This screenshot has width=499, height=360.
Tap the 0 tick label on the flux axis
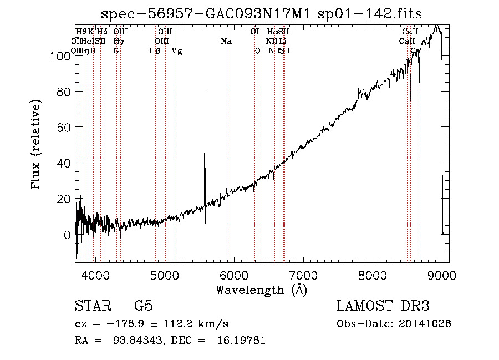[x=67, y=235]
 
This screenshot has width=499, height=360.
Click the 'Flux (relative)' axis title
[x=37, y=145]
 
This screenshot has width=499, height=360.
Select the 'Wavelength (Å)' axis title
[x=261, y=290]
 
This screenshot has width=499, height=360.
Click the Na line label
[x=226, y=42]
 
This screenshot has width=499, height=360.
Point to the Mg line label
[x=176, y=51]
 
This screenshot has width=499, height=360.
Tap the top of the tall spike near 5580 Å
[x=205, y=93]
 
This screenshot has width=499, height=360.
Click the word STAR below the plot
[x=92, y=306]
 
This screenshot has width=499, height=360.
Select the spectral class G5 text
[x=143, y=306]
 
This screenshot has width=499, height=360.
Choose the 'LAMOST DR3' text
[x=383, y=306]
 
